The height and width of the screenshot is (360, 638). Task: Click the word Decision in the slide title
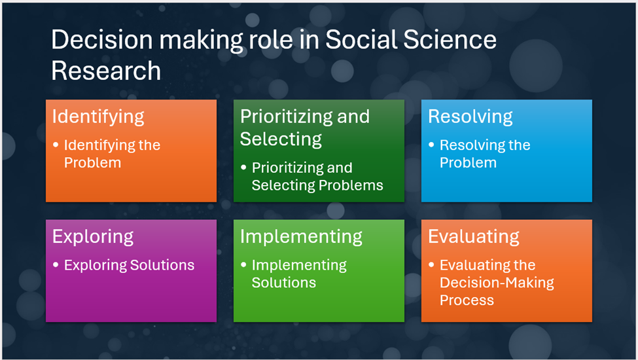tap(101, 40)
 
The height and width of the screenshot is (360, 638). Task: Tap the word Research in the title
tap(106, 71)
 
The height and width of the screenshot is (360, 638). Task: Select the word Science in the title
tap(450, 40)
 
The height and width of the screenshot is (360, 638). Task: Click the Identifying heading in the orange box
tap(98, 117)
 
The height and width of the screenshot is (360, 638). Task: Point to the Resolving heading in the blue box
tap(470, 117)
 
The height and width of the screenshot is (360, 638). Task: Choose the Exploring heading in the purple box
tap(93, 237)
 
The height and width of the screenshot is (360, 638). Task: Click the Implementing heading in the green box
tap(301, 237)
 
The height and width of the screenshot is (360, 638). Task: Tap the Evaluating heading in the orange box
tap(474, 237)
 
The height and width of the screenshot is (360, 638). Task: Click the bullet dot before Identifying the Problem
tap(56, 145)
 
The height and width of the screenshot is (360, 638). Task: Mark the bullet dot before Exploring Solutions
tap(56, 264)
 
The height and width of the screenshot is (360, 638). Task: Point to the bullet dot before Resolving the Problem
tap(431, 145)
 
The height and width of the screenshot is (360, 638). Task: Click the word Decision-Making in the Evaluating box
tap(497, 283)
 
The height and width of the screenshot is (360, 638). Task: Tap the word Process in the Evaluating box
tap(467, 300)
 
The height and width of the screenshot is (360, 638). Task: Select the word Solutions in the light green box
tap(283, 283)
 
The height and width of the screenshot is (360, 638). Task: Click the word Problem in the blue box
tap(468, 163)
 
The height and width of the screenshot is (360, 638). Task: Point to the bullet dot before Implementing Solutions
tap(243, 264)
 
